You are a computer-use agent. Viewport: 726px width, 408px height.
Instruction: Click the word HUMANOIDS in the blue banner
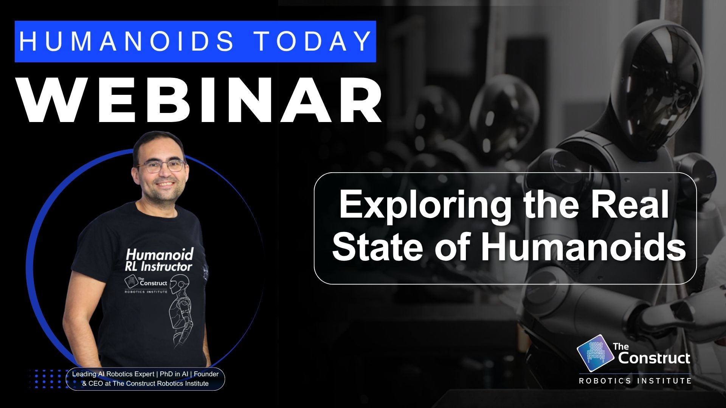tap(126, 41)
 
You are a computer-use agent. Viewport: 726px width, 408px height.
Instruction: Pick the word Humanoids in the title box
tap(583, 247)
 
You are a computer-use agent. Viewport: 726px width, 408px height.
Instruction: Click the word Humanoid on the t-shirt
tap(160, 254)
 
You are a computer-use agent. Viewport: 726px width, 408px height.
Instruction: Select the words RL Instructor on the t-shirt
tap(158, 267)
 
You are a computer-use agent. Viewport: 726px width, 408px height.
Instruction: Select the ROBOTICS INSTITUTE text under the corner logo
tap(635, 381)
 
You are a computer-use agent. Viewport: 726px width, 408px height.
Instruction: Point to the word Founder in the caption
tap(206, 374)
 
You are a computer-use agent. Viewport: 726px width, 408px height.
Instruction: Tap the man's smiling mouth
tap(165, 185)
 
